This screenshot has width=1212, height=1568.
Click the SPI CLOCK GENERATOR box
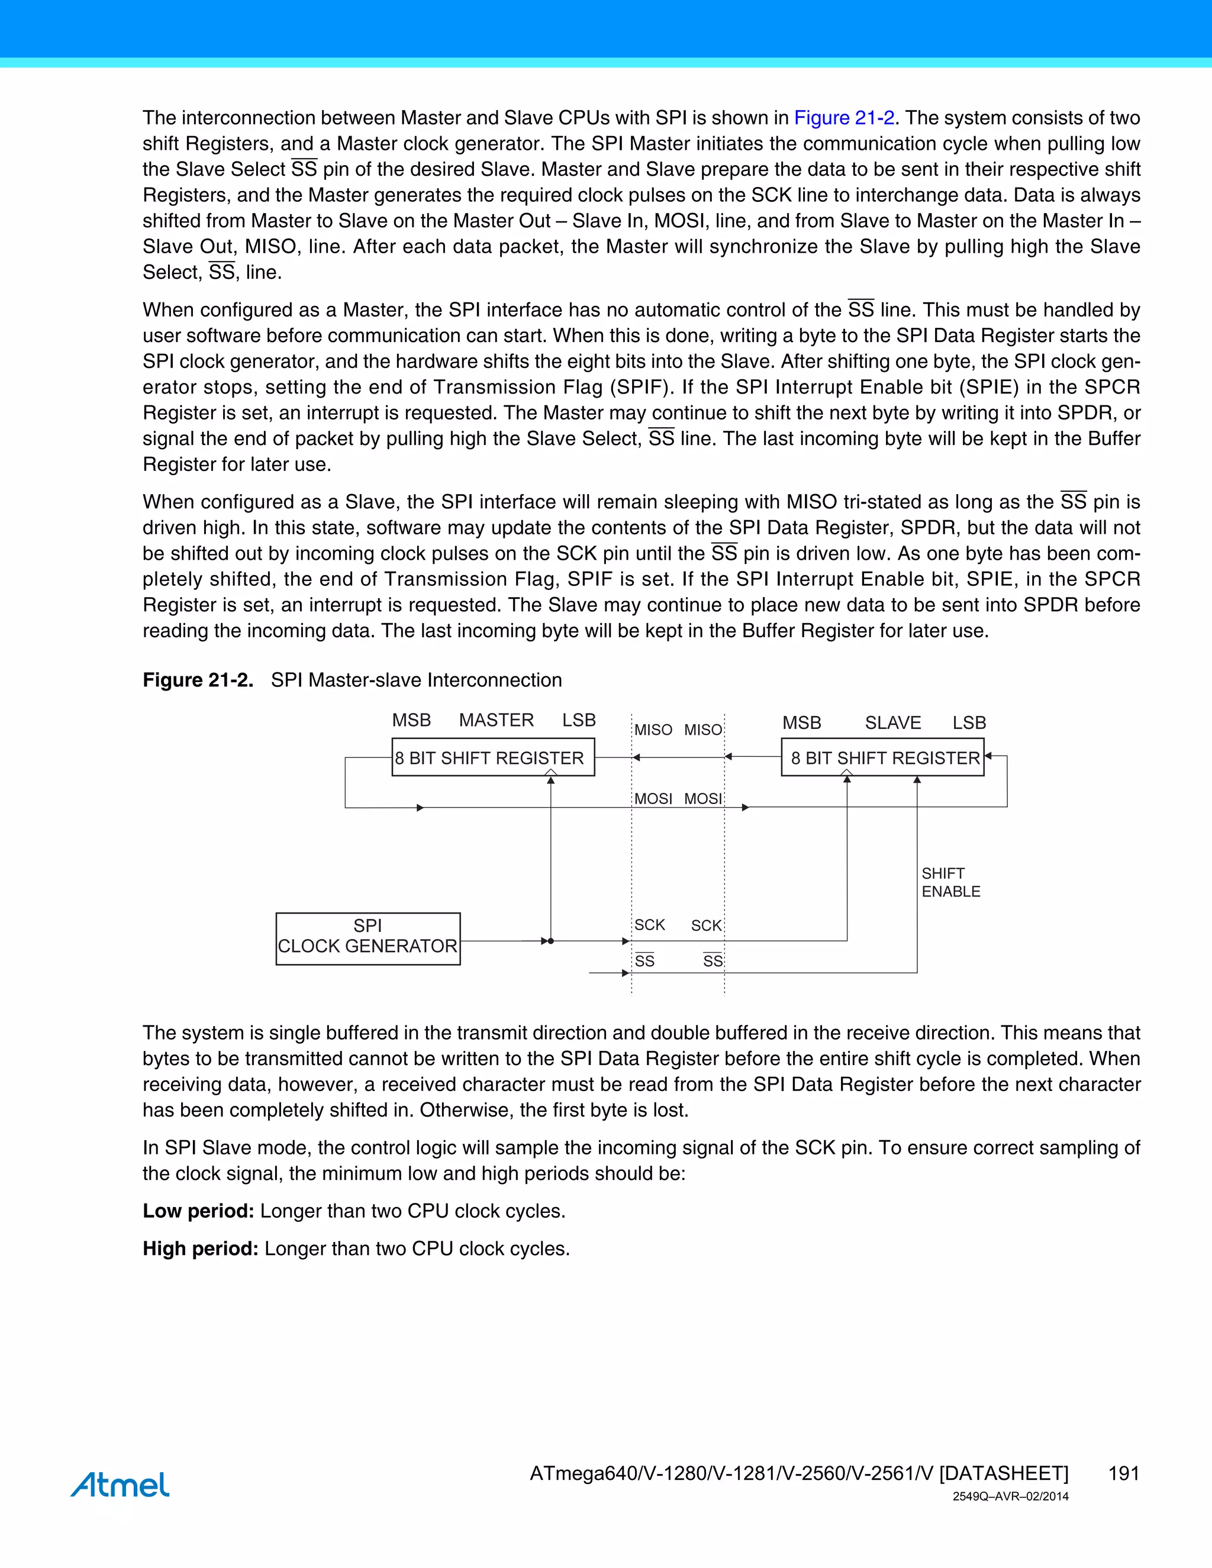point(368,938)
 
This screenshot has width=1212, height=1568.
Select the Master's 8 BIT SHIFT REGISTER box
point(494,757)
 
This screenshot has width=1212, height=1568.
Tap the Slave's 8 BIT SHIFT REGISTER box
point(882,757)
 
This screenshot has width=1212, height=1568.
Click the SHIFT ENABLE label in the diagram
point(950,882)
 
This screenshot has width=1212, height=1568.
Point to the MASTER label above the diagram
point(496,720)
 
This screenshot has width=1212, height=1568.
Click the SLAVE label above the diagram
point(892,722)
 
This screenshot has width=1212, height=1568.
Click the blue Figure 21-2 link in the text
point(844,118)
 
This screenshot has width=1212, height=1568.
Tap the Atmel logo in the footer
point(120,1484)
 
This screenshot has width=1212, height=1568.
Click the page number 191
point(1124,1473)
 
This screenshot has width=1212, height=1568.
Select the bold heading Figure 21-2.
point(198,680)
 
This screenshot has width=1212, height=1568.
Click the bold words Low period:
point(198,1211)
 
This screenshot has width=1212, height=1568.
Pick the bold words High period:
point(201,1248)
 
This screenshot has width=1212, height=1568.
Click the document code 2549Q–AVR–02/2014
point(1010,1497)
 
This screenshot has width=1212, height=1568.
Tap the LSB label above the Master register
point(579,720)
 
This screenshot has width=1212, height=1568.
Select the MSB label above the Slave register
point(801,722)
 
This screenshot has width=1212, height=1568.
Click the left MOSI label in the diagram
point(653,798)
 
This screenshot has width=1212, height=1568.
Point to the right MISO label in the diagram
point(703,730)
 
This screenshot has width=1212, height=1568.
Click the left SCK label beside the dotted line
point(649,925)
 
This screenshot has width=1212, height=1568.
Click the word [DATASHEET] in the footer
point(1004,1473)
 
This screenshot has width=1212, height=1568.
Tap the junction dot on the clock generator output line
point(551,941)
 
